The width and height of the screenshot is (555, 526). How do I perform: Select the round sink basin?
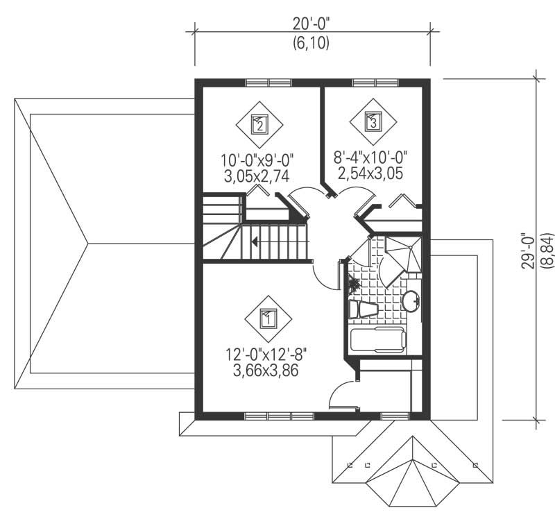[411, 300]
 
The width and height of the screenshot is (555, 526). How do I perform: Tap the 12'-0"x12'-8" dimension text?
[266, 355]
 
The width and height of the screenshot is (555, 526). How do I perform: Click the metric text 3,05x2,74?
[257, 176]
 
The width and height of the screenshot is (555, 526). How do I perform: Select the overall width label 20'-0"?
[310, 24]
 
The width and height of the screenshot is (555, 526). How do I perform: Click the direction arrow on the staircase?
[256, 242]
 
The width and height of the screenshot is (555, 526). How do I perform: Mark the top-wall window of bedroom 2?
[268, 83]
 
